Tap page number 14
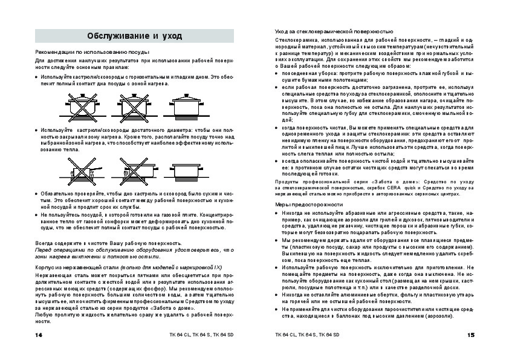point(39,335)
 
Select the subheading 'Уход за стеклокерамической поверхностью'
point(334,30)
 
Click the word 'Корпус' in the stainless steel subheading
point(46,266)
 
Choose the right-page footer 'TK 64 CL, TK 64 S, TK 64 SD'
point(307,335)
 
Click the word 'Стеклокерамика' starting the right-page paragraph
point(295,39)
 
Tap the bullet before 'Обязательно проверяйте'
point(37,192)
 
